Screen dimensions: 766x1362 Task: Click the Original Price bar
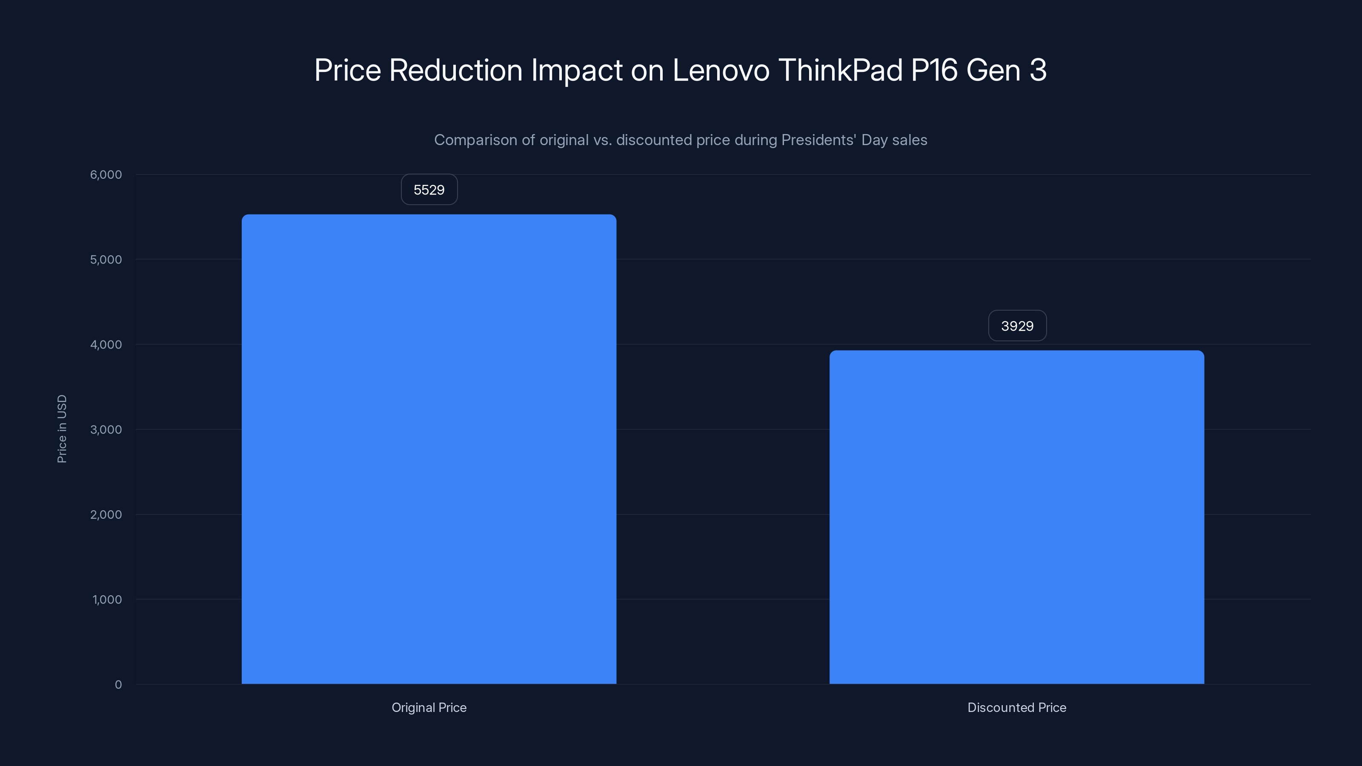pyautogui.click(x=429, y=449)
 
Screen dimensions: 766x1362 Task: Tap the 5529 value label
pyautogui.click(x=429, y=190)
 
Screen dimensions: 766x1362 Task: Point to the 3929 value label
pyautogui.click(x=1017, y=326)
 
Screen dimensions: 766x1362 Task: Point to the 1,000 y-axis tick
pyautogui.click(x=107, y=600)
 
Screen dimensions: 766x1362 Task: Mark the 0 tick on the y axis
pyautogui.click(x=118, y=685)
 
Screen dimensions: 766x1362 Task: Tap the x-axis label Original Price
pyautogui.click(x=429, y=707)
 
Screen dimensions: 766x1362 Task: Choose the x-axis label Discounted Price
pyautogui.click(x=1016, y=707)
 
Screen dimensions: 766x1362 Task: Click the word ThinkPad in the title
pyautogui.click(x=840, y=70)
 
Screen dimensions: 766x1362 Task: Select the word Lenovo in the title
pyautogui.click(x=721, y=70)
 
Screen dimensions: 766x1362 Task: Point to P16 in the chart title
pyautogui.click(x=934, y=70)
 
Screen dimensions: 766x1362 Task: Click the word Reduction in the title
pyautogui.click(x=456, y=70)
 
